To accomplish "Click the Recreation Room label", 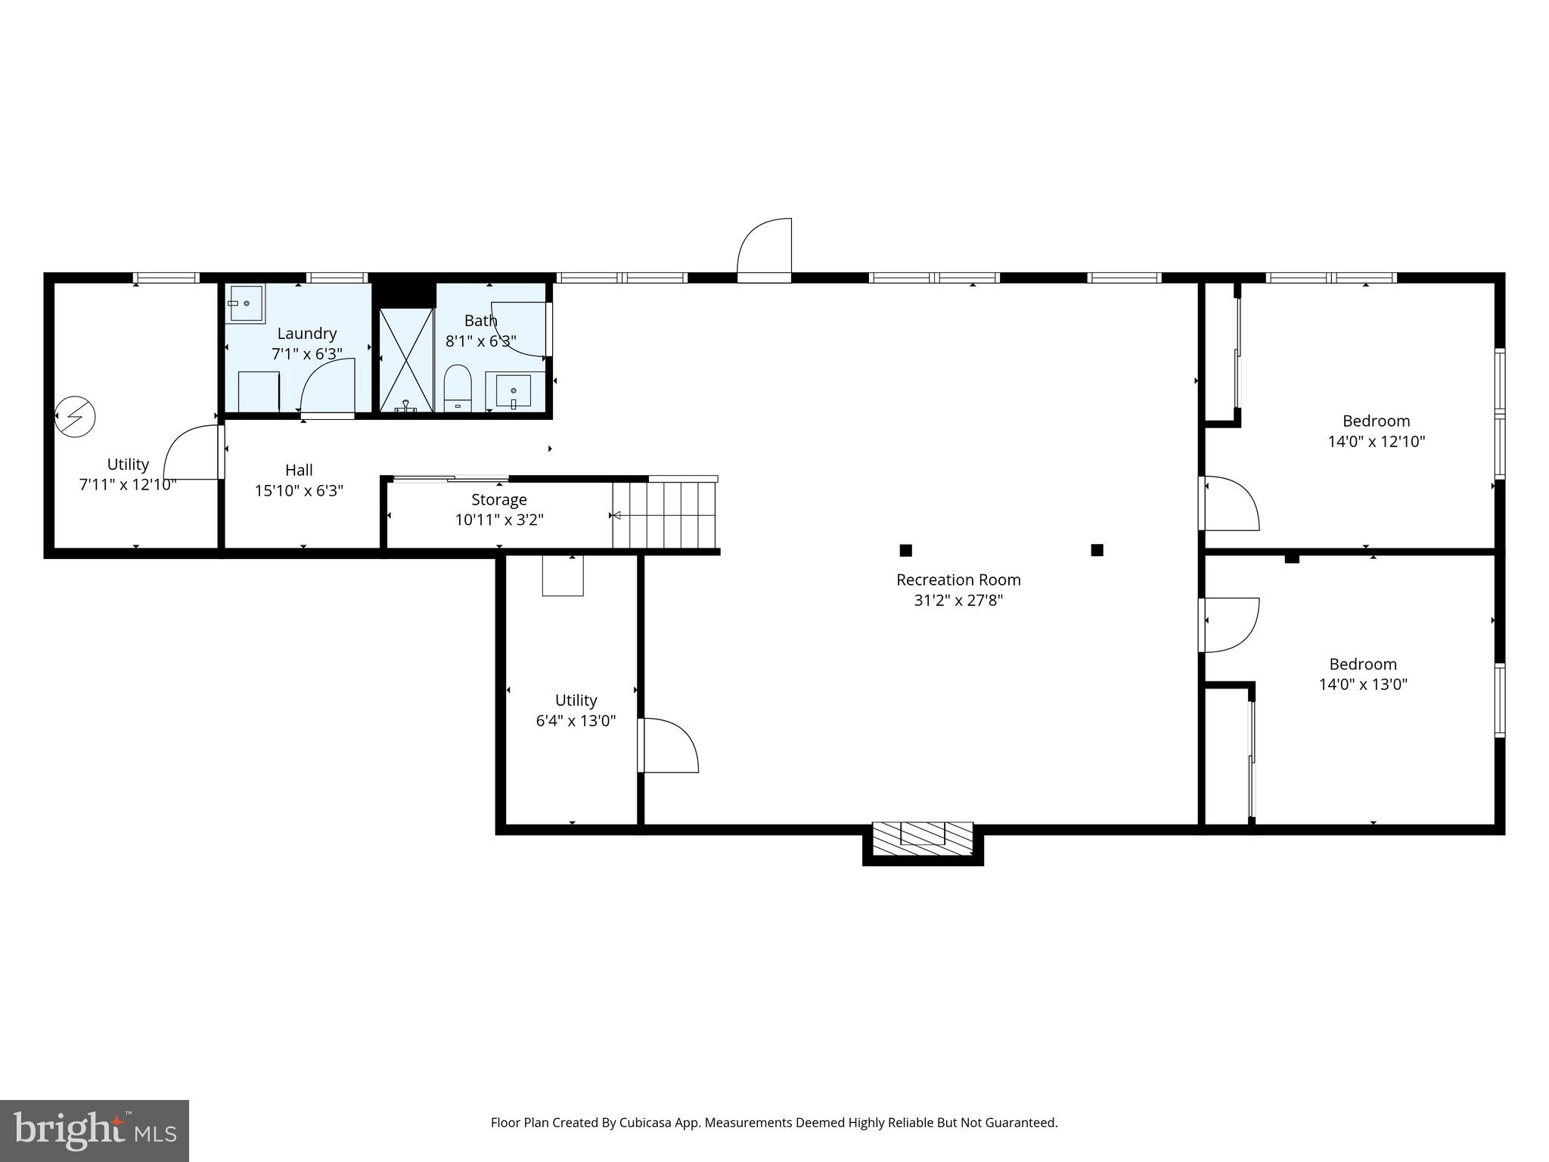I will [958, 579].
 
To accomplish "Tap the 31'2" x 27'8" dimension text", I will [958, 601].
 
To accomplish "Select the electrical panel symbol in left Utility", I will [76, 417].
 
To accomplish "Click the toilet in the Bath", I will [457, 387].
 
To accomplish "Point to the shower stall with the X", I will [406, 359].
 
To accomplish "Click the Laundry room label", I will [306, 333].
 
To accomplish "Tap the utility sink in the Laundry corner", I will [244, 303].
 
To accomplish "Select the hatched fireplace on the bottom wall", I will [923, 839].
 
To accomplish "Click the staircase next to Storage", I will [665, 515].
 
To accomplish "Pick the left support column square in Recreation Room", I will [905, 550].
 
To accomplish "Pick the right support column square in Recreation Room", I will [1097, 550].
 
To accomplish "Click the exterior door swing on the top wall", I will [764, 250].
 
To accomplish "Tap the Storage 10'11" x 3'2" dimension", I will [499, 520].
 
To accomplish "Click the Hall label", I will [299, 470].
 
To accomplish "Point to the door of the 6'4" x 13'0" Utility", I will [668, 745].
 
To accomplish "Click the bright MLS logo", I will [95, 1130].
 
